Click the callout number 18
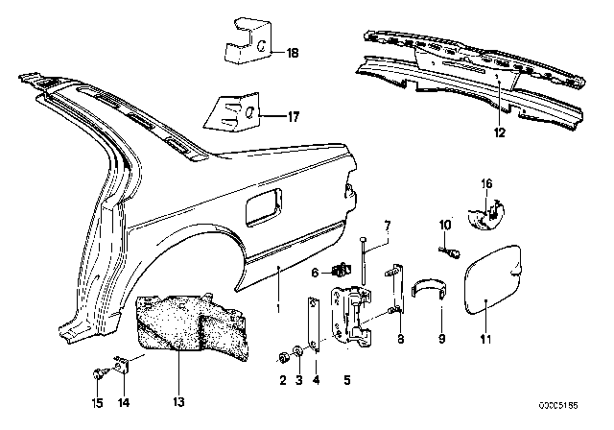293,53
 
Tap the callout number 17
294,117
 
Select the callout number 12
499,132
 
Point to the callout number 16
486,183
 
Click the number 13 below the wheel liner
178,402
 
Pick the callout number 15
97,402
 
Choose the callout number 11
485,339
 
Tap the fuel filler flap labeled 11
493,279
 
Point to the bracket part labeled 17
233,110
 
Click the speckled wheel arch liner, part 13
192,325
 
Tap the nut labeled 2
283,357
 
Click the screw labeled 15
97,374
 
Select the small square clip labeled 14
122,365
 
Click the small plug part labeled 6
342,270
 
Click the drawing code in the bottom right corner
558,406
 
